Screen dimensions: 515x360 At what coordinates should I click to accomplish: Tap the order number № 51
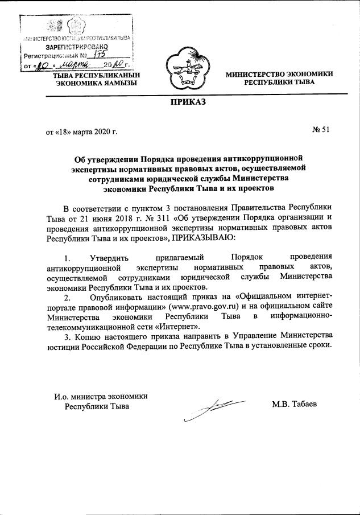point(321,130)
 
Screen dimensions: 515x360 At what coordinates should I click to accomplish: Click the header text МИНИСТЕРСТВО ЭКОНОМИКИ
point(279,74)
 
